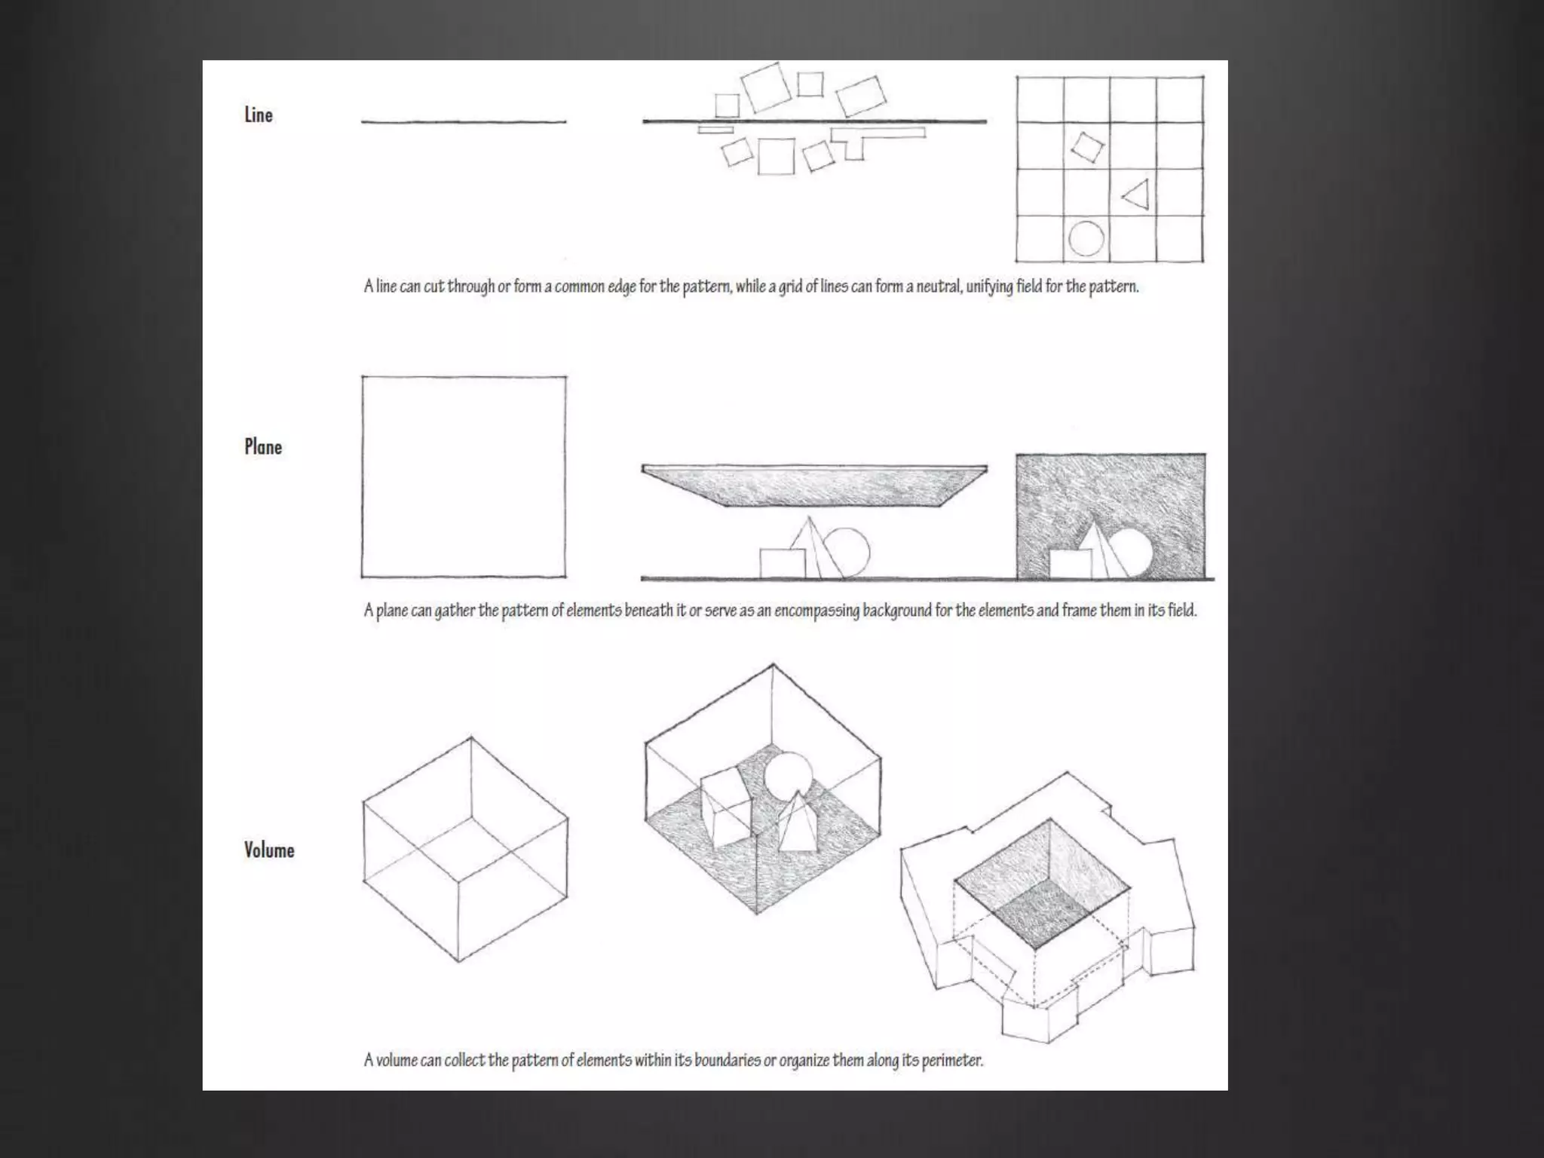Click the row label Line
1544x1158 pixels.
[258, 115]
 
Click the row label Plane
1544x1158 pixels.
[263, 446]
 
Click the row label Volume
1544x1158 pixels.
[269, 850]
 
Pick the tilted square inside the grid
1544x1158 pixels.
[1087, 148]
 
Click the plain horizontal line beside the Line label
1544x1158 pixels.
[464, 121]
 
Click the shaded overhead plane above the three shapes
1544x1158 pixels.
[814, 486]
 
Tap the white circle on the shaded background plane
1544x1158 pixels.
[1130, 552]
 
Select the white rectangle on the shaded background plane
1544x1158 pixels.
[1071, 564]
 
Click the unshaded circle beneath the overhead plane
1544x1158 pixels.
[847, 552]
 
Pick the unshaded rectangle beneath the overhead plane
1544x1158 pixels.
[783, 563]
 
